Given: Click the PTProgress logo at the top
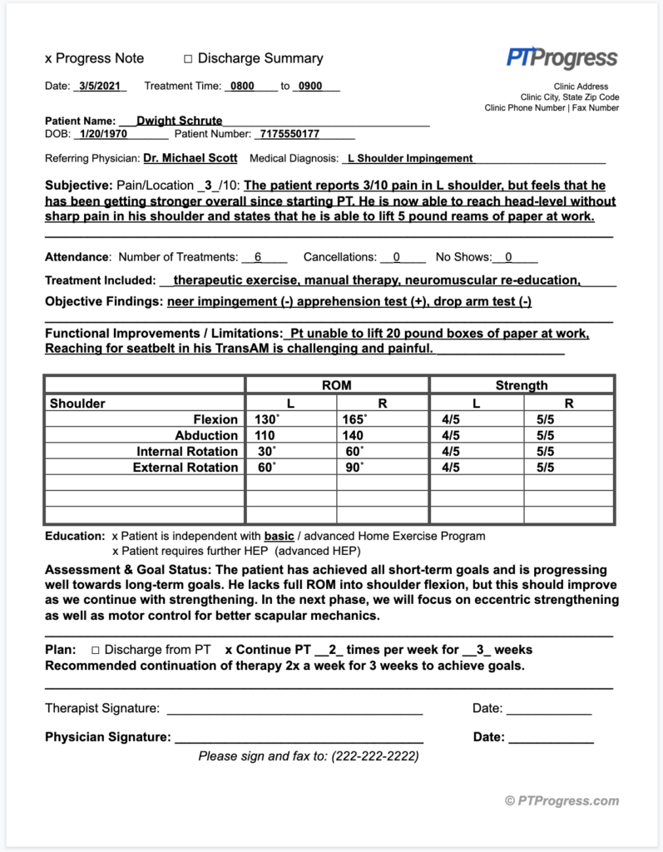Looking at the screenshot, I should (x=562, y=57).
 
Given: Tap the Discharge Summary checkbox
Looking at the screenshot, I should (x=188, y=59).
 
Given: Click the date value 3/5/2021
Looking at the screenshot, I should (x=99, y=86).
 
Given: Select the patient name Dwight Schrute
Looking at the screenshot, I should (x=179, y=121).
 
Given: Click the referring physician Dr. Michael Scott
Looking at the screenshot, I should (x=190, y=157).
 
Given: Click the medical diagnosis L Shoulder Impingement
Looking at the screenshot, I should (x=410, y=158).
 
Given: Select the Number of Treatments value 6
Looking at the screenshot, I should (x=258, y=257).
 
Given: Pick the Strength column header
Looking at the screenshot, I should (x=522, y=385).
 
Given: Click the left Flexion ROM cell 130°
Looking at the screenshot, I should (x=267, y=419).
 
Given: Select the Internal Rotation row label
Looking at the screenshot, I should (x=187, y=451).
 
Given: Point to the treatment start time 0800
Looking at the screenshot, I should (x=243, y=86).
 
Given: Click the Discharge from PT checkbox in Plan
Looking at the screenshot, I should (x=96, y=650).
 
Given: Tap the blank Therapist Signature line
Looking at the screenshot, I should (x=294, y=709).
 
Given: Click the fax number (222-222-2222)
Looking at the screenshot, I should (x=374, y=756).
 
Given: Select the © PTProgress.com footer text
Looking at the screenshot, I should (x=562, y=800).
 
